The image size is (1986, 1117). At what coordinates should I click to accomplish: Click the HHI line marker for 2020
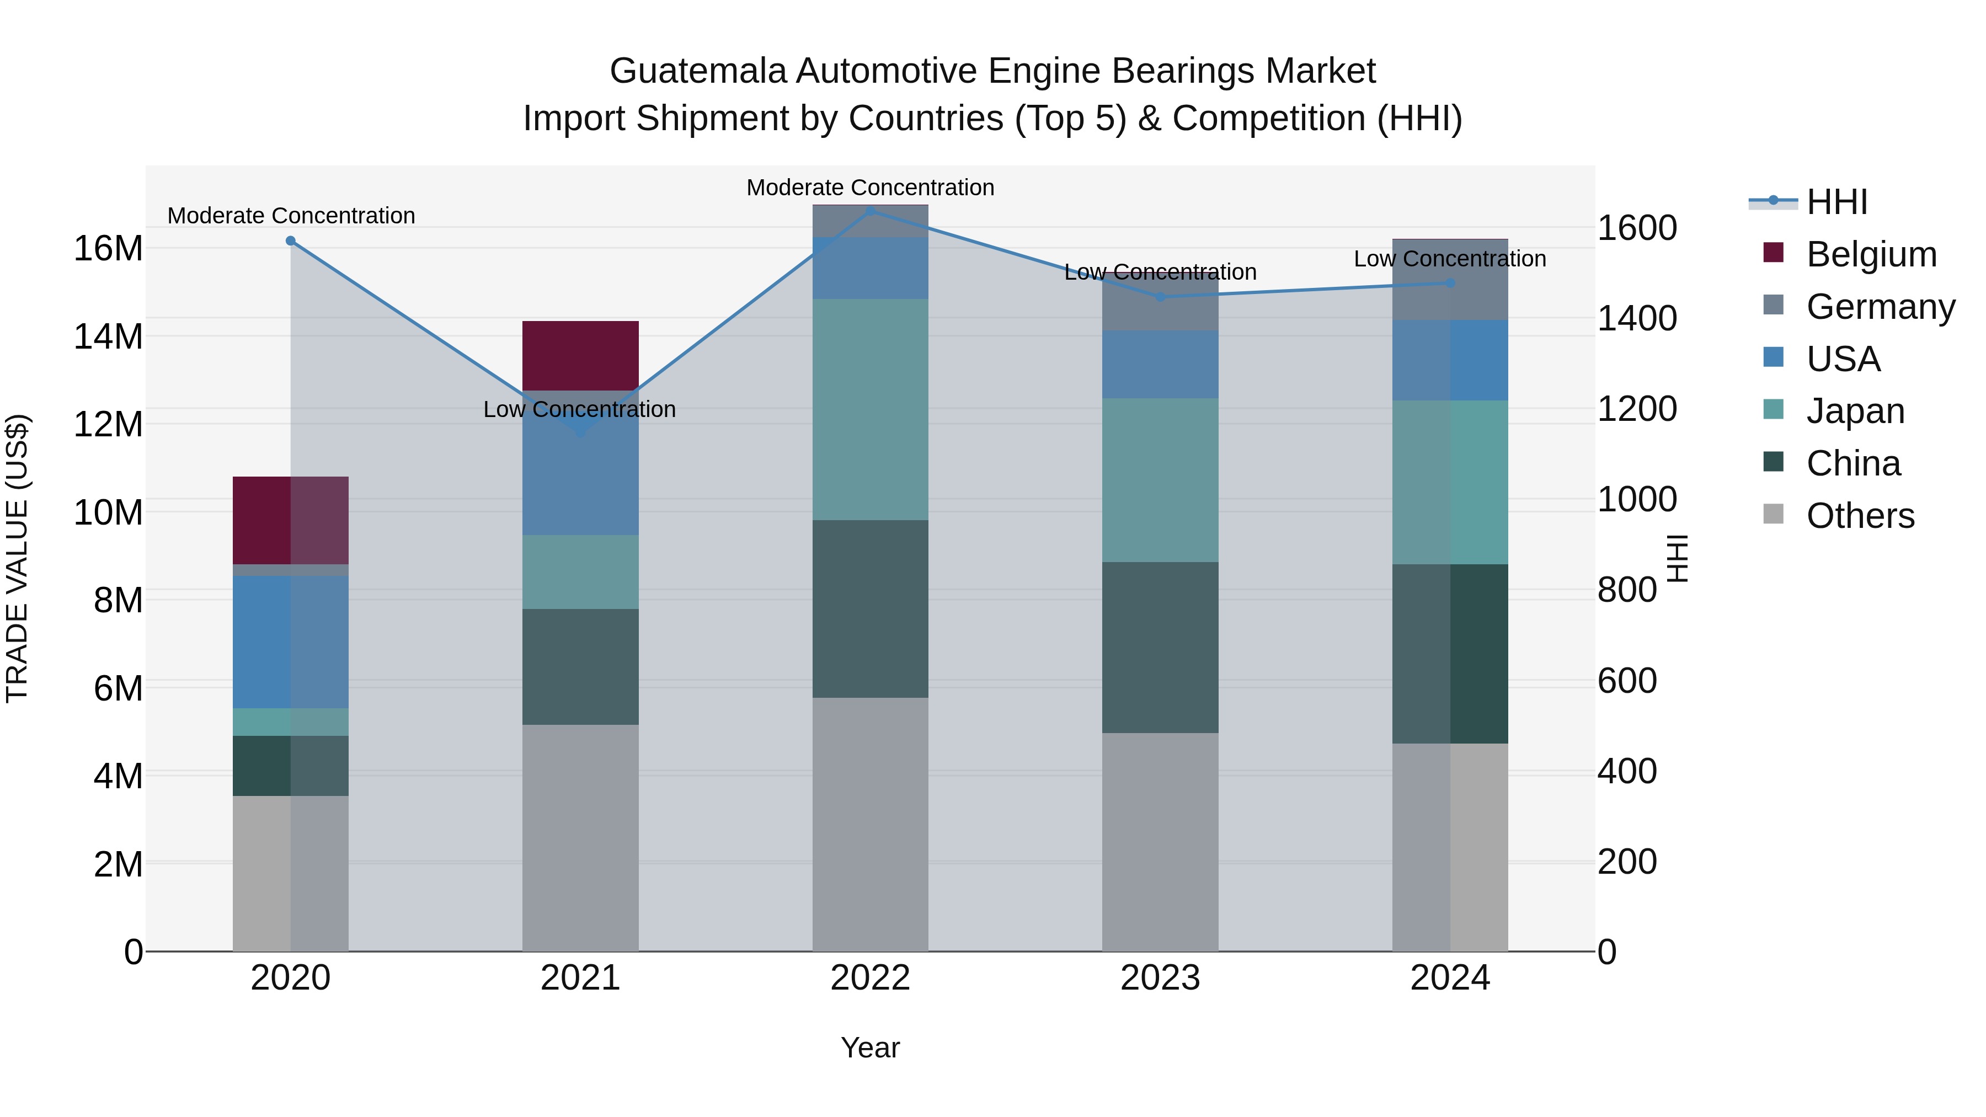tap(291, 240)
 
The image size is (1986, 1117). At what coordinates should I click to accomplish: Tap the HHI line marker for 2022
tap(871, 211)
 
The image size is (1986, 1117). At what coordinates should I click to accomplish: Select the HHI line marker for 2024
tap(1450, 283)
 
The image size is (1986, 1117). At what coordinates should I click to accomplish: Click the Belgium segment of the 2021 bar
tap(580, 355)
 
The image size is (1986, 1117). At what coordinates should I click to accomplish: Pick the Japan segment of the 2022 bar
tap(871, 409)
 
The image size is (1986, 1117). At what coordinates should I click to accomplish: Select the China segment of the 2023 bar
tap(1160, 648)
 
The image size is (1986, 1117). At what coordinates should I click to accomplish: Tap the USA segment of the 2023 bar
tap(1160, 365)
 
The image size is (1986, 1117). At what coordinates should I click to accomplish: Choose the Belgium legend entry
tap(1871, 254)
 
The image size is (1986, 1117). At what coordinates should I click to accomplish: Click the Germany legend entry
tap(1881, 307)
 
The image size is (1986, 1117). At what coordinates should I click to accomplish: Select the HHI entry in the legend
tap(1836, 202)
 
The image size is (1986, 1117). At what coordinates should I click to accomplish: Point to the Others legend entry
tap(1860, 516)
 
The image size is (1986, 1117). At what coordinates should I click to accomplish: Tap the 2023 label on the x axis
tap(1160, 978)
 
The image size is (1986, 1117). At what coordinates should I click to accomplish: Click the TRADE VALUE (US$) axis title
tap(17, 558)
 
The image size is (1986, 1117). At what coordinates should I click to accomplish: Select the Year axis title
tap(871, 1047)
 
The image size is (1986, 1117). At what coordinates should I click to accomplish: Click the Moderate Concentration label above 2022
tap(871, 188)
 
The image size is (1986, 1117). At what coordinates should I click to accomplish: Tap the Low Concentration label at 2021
tap(580, 409)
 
